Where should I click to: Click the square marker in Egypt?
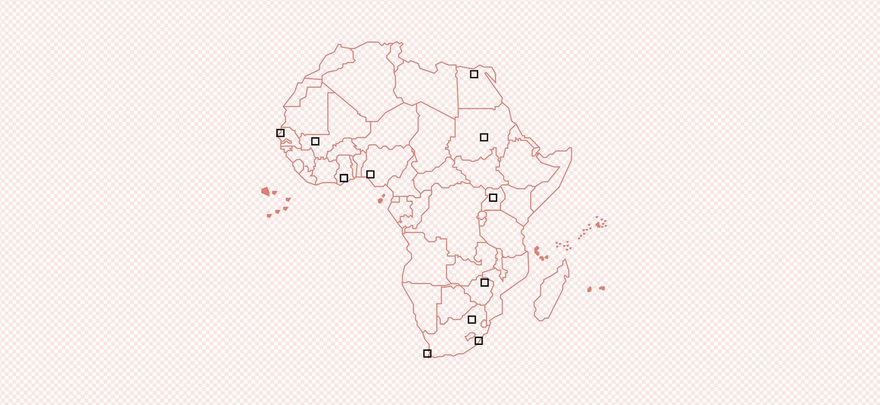pyautogui.click(x=474, y=74)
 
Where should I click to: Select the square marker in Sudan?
pyautogui.click(x=484, y=137)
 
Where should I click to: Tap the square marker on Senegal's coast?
pyautogui.click(x=280, y=133)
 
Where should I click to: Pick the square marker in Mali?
pyautogui.click(x=315, y=141)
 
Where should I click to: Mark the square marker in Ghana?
pyautogui.click(x=344, y=178)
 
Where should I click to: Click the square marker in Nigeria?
pyautogui.click(x=370, y=174)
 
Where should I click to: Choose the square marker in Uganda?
pyautogui.click(x=493, y=197)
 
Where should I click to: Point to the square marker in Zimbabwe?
pyautogui.click(x=484, y=282)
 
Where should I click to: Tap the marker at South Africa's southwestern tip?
pyautogui.click(x=427, y=353)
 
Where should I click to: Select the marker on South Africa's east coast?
pyautogui.click(x=479, y=341)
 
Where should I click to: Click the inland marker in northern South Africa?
pyautogui.click(x=472, y=320)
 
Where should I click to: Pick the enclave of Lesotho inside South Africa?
pyautogui.click(x=470, y=337)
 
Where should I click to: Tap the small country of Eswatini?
pyautogui.click(x=484, y=323)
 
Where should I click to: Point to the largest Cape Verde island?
pyautogui.click(x=265, y=191)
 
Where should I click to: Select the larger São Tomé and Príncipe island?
pyautogui.click(x=380, y=200)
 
